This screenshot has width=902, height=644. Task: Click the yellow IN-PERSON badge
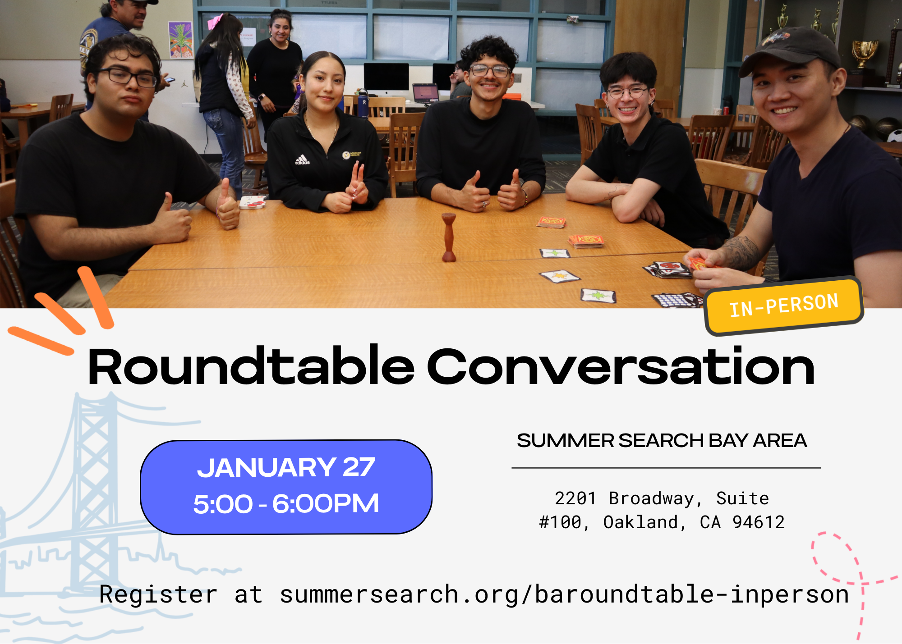click(x=784, y=306)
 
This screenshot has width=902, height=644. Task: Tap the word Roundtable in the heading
click(x=251, y=366)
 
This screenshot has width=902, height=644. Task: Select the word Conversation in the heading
click(x=621, y=366)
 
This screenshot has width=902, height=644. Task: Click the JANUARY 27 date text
click(x=286, y=467)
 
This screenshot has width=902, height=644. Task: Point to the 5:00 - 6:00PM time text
click(x=286, y=503)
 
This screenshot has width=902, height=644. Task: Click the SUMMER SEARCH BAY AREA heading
click(x=662, y=440)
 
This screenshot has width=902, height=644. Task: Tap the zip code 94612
click(x=759, y=522)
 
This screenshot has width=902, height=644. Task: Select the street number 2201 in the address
click(x=575, y=498)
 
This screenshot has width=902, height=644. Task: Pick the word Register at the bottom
click(x=158, y=594)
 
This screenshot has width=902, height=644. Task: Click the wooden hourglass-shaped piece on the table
click(x=449, y=238)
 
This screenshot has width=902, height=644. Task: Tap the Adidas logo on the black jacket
click(x=302, y=160)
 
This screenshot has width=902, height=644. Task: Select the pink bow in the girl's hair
click(x=215, y=21)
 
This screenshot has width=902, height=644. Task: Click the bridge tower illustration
click(x=92, y=491)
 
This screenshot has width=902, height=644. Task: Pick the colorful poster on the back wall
click(x=180, y=40)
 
